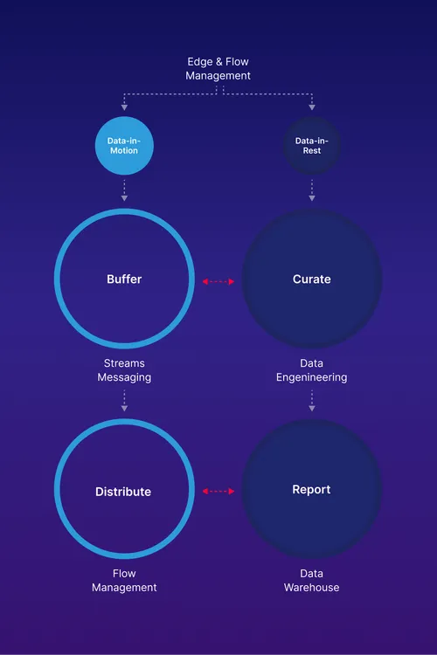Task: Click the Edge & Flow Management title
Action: point(218,69)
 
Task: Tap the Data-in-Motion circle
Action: point(124,145)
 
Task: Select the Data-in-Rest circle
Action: point(311,145)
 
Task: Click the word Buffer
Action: point(124,279)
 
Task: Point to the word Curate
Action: point(311,279)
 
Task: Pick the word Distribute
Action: point(123,492)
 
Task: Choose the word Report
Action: point(311,490)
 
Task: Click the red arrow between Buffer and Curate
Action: point(218,281)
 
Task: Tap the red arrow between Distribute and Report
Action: point(218,492)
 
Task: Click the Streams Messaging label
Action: point(124,369)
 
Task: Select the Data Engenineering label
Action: point(311,369)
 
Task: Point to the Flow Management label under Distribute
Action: point(124,581)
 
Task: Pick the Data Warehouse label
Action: point(311,581)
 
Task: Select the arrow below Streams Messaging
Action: point(124,401)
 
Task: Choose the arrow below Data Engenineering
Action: point(311,401)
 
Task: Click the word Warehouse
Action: point(311,588)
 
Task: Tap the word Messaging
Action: point(124,377)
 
